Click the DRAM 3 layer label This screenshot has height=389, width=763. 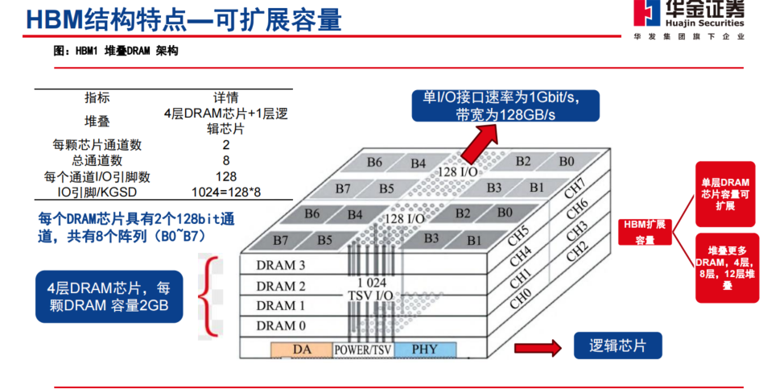coord(281,266)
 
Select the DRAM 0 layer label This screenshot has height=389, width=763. coord(281,326)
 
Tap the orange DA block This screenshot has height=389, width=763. coord(301,350)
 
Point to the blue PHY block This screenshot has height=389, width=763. coord(424,350)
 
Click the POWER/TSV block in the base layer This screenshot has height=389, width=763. coord(362,350)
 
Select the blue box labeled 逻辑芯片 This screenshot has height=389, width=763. coord(617,346)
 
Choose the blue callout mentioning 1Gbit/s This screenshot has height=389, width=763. coord(505,106)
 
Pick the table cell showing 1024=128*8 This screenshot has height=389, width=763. coord(226,192)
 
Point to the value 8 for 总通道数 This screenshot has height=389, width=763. coord(226,160)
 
